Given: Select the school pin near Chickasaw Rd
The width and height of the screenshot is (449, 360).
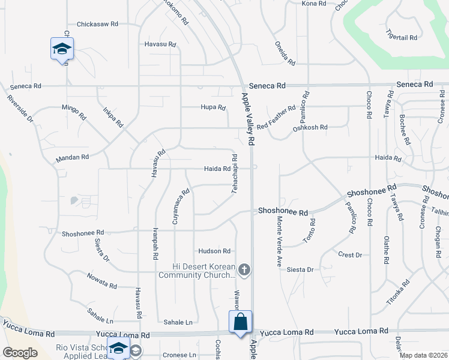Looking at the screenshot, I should pos(62,49).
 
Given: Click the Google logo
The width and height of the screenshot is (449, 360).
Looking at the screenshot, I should pos(20,353).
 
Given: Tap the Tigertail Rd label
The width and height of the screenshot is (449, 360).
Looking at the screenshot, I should pos(402,37).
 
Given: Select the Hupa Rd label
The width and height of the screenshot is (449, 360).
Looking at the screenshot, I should pos(212,107).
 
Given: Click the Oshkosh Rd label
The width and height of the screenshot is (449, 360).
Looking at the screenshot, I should pos(310,128).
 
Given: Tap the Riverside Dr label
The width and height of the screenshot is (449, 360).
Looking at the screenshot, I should pos(20,108).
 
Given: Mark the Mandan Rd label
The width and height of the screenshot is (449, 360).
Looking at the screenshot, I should pos(72,157).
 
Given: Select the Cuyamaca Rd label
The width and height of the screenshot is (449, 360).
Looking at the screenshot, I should pos(181,206).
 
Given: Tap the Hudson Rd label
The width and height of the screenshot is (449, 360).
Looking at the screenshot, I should pos(214,251).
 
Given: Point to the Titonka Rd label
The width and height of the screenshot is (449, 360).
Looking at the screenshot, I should pos(398,290).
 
